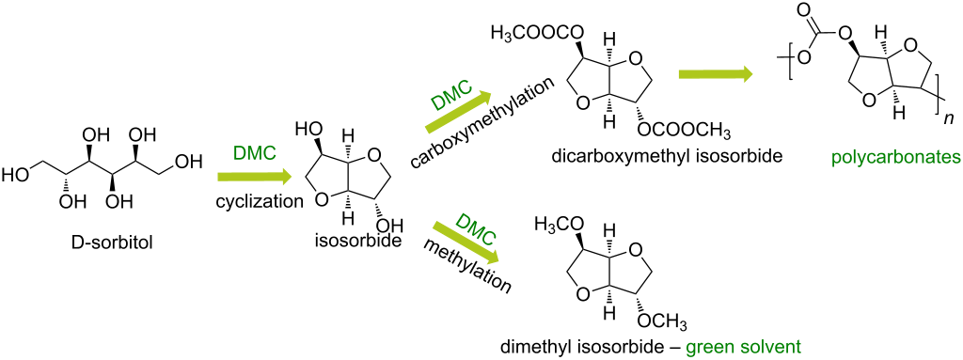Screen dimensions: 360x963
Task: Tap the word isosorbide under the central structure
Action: [355, 242]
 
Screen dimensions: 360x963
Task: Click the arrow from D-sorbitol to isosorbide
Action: [249, 176]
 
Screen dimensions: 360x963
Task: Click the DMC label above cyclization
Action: [253, 152]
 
